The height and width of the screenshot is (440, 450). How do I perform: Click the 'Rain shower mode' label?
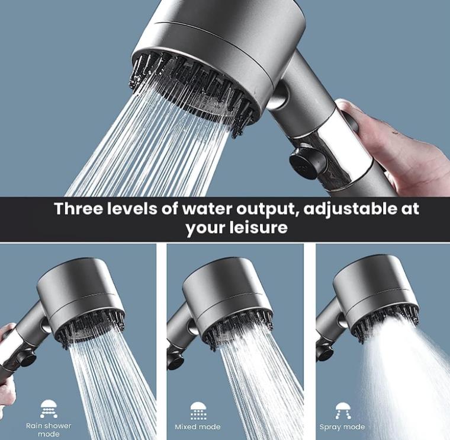point(49,429)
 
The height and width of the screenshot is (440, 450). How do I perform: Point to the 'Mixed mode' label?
point(198,427)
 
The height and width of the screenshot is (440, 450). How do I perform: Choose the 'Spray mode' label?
point(342,427)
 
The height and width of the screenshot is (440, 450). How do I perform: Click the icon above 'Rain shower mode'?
point(49,409)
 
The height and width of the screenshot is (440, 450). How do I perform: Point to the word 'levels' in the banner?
point(137,209)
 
